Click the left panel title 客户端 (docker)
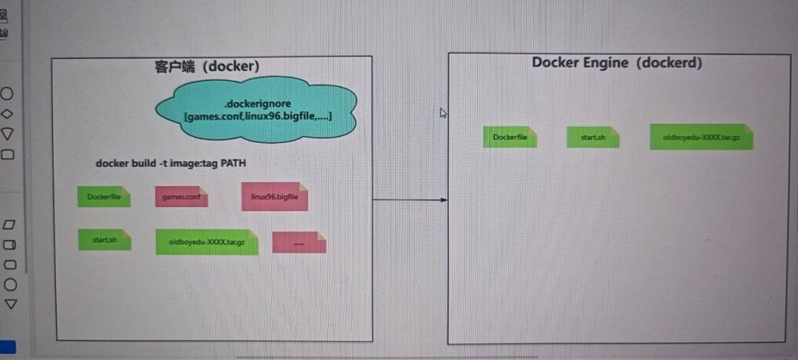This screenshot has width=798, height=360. [207, 66]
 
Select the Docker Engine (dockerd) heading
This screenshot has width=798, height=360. [616, 62]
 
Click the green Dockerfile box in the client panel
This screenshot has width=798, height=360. [104, 197]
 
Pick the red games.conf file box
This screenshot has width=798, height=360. [182, 197]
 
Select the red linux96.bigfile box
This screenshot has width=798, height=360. [274, 196]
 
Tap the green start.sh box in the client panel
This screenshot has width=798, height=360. [104, 239]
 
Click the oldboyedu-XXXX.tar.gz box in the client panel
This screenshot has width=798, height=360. [207, 242]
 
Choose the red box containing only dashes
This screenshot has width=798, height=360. [298, 242]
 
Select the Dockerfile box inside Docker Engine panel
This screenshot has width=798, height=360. [510, 137]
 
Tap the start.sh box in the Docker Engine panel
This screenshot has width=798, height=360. [593, 137]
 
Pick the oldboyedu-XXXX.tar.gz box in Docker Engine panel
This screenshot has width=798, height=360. [701, 137]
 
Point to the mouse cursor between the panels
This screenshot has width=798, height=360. [443, 113]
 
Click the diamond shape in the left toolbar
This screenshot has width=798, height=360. [8, 114]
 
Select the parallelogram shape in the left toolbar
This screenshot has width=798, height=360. [9, 224]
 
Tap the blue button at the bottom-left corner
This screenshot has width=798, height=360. [7, 348]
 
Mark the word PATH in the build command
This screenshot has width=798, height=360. [249, 163]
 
